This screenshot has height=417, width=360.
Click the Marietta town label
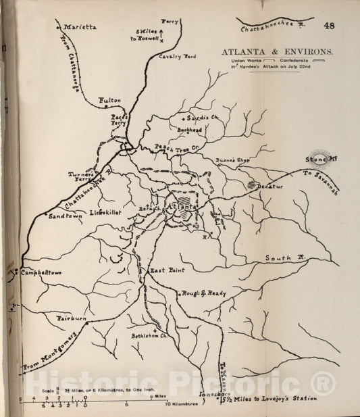tap(80, 27)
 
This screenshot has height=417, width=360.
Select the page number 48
tap(330, 26)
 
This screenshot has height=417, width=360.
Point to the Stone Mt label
tap(316, 160)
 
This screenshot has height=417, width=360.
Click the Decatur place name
tap(270, 186)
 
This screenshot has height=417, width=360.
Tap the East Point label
tap(167, 270)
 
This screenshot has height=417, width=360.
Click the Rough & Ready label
tap(203, 293)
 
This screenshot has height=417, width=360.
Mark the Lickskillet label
tap(104, 212)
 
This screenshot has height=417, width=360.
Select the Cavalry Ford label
tap(176, 56)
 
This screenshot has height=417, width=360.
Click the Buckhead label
tap(190, 128)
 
